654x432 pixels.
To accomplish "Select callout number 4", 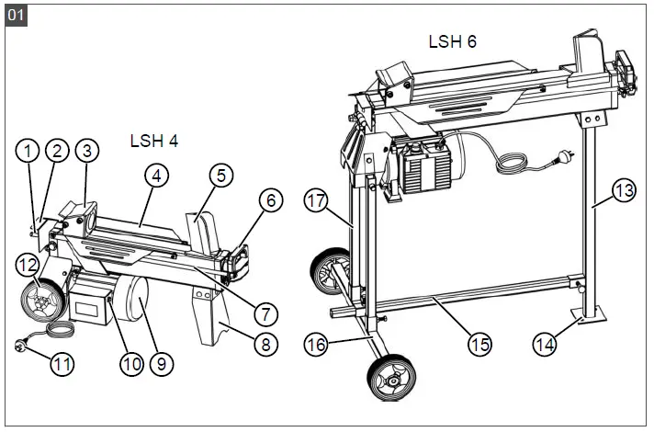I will click(157, 176).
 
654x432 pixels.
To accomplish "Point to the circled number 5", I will click(220, 173).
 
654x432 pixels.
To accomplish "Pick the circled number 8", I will click(265, 345).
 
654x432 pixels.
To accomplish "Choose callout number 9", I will click(161, 364).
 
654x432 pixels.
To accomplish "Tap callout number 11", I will click(62, 363).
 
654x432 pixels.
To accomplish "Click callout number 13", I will click(624, 191).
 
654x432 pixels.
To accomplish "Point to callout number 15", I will click(479, 345).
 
